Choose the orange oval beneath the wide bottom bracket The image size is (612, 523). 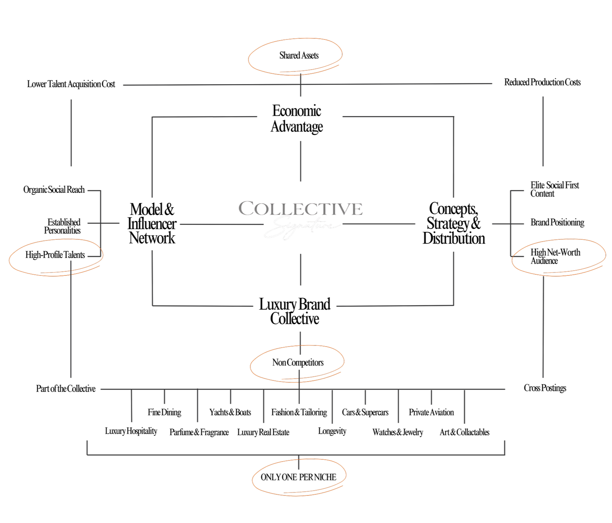[x=299, y=477]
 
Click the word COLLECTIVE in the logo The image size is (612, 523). [x=300, y=209]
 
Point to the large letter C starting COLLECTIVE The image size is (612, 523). [x=247, y=208]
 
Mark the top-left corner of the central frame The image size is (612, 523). [x=152, y=118]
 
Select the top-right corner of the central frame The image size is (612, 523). [x=454, y=117]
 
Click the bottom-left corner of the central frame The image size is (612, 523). [x=152, y=306]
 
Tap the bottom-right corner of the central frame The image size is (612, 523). [x=454, y=305]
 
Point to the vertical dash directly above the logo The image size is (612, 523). [x=300, y=161]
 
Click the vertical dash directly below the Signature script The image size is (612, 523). [x=300, y=270]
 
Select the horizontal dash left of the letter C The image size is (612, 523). [x=222, y=224]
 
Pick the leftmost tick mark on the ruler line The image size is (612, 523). [x=132, y=406]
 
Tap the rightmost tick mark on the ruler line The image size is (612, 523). [x=464, y=406]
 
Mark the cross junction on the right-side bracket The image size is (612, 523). [x=511, y=224]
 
